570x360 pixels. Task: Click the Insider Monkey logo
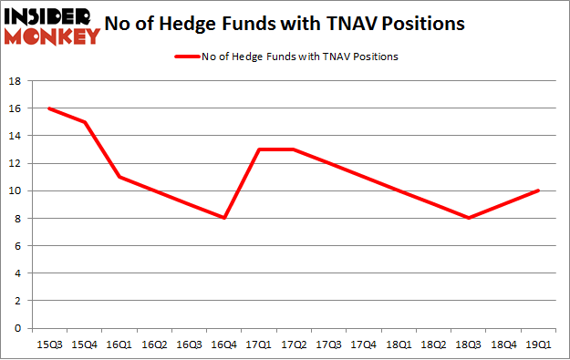(53, 25)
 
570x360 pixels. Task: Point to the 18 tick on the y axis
(16, 81)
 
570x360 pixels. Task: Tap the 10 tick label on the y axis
(16, 190)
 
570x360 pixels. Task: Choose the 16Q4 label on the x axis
(223, 345)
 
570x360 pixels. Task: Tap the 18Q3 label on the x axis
(469, 345)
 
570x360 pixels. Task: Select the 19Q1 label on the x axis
(539, 345)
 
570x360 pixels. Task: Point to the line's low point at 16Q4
(223, 218)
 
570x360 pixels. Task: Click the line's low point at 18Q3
(469, 218)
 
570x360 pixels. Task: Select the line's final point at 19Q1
(539, 190)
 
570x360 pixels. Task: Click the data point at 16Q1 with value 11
(118, 177)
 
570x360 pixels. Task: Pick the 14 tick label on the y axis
(16, 136)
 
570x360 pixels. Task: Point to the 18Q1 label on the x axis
(399, 345)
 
